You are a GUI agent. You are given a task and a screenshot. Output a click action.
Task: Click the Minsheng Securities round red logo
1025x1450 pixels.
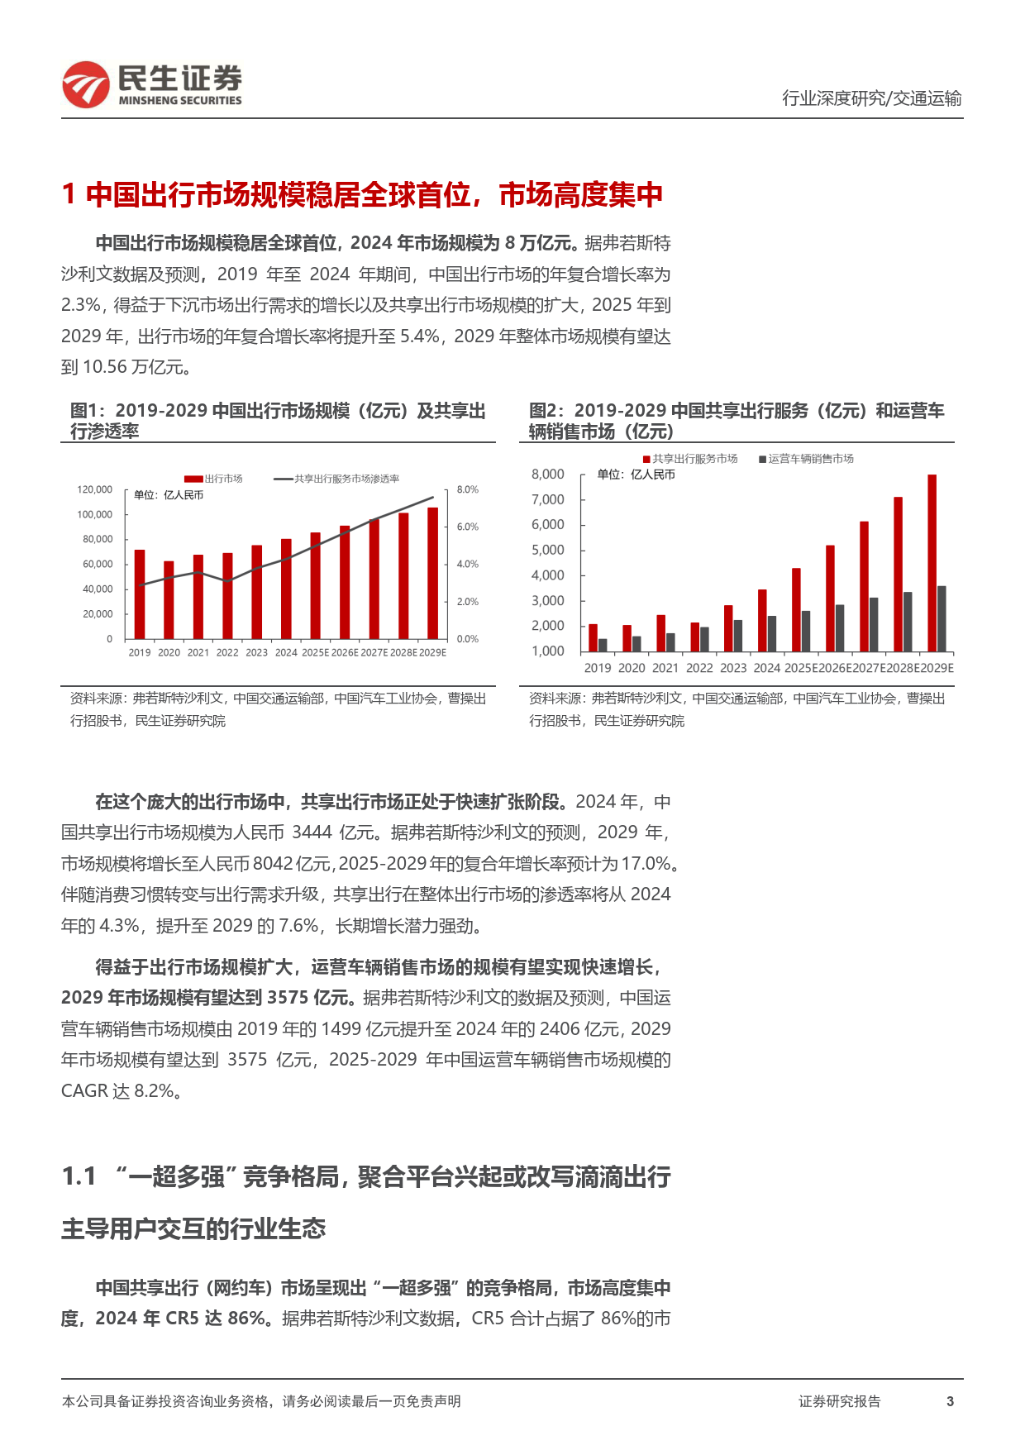tap(86, 85)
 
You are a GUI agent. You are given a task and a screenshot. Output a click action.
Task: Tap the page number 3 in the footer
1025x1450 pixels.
tap(950, 1401)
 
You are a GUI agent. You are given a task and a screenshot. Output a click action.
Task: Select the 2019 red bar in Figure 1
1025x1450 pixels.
tap(140, 594)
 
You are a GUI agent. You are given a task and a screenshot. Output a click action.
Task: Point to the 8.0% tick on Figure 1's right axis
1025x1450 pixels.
tap(467, 490)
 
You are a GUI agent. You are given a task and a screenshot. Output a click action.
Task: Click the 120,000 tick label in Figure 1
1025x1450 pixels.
tap(95, 490)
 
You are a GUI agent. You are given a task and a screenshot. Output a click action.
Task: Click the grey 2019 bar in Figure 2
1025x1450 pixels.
tap(603, 645)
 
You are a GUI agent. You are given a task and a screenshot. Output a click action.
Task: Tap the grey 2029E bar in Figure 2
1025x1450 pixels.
tap(942, 618)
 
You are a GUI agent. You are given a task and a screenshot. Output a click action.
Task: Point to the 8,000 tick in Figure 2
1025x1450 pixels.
tap(548, 475)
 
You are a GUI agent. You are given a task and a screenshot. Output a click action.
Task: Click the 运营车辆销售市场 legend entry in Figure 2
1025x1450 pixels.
tap(806, 459)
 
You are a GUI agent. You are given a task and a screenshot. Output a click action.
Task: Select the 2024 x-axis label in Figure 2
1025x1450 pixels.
tap(766, 668)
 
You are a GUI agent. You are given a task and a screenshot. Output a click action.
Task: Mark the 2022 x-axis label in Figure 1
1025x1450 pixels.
tap(227, 652)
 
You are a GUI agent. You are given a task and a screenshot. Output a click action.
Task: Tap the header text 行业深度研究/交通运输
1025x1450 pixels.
tap(871, 98)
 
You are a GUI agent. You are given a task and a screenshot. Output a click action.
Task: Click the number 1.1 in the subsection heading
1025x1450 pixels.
tap(79, 1176)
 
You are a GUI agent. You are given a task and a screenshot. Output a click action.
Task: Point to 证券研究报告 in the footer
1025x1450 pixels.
tap(839, 1401)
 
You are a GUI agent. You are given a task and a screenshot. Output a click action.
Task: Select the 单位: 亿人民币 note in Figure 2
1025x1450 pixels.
tap(636, 475)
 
